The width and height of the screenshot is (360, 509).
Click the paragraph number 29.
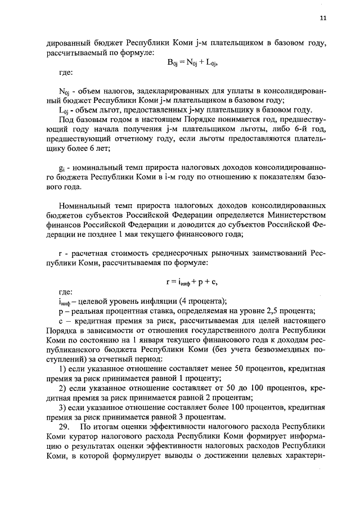click(64, 427)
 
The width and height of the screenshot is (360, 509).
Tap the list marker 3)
click(63, 407)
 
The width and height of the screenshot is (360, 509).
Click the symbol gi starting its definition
click(61, 168)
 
